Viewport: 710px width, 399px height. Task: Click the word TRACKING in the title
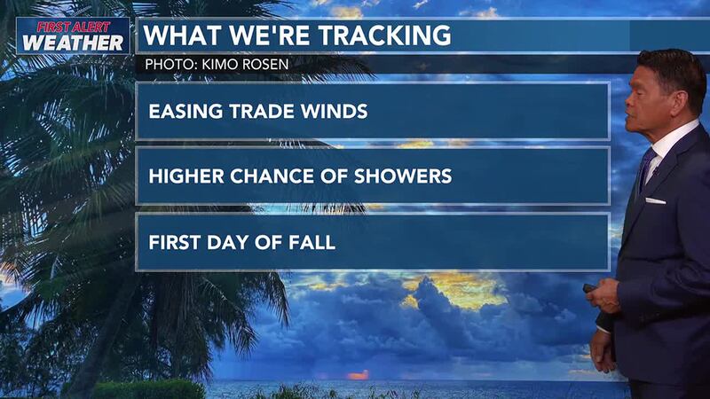pyautogui.click(x=383, y=36)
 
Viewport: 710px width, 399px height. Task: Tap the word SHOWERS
pyautogui.click(x=406, y=176)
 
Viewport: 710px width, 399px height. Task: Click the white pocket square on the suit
pyautogui.click(x=655, y=200)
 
